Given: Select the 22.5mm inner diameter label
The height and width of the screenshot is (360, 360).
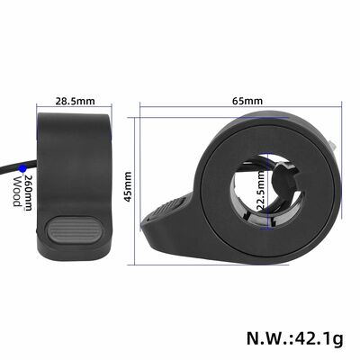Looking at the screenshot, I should coord(260,189).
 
